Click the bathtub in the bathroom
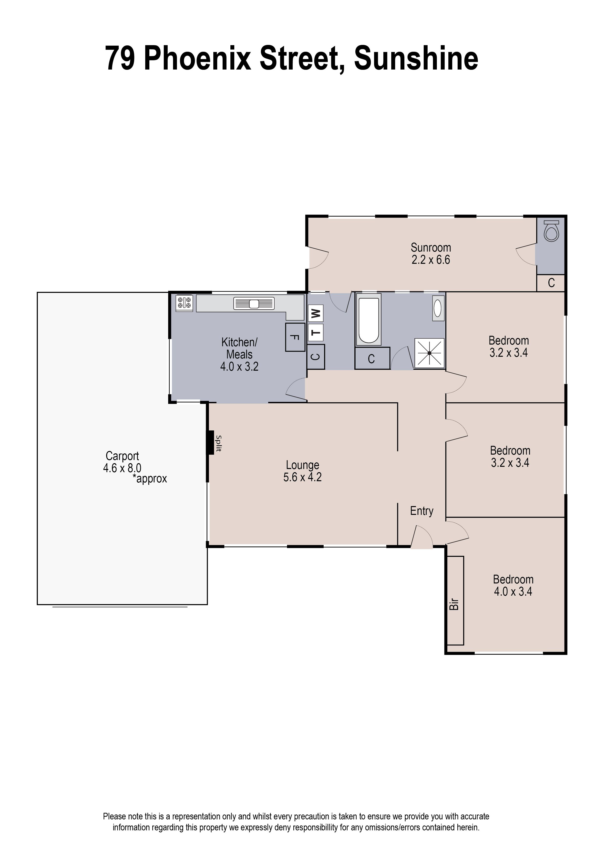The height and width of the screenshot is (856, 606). pyautogui.click(x=368, y=319)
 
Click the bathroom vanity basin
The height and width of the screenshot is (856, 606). pyautogui.click(x=438, y=308)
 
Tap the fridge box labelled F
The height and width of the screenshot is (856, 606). pyautogui.click(x=295, y=337)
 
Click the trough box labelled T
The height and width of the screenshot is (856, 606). pyautogui.click(x=316, y=333)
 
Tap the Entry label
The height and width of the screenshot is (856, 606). pyautogui.click(x=422, y=511)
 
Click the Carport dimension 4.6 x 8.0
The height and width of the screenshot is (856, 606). pyautogui.click(x=122, y=468)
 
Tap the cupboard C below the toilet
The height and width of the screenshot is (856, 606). pyautogui.click(x=551, y=283)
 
